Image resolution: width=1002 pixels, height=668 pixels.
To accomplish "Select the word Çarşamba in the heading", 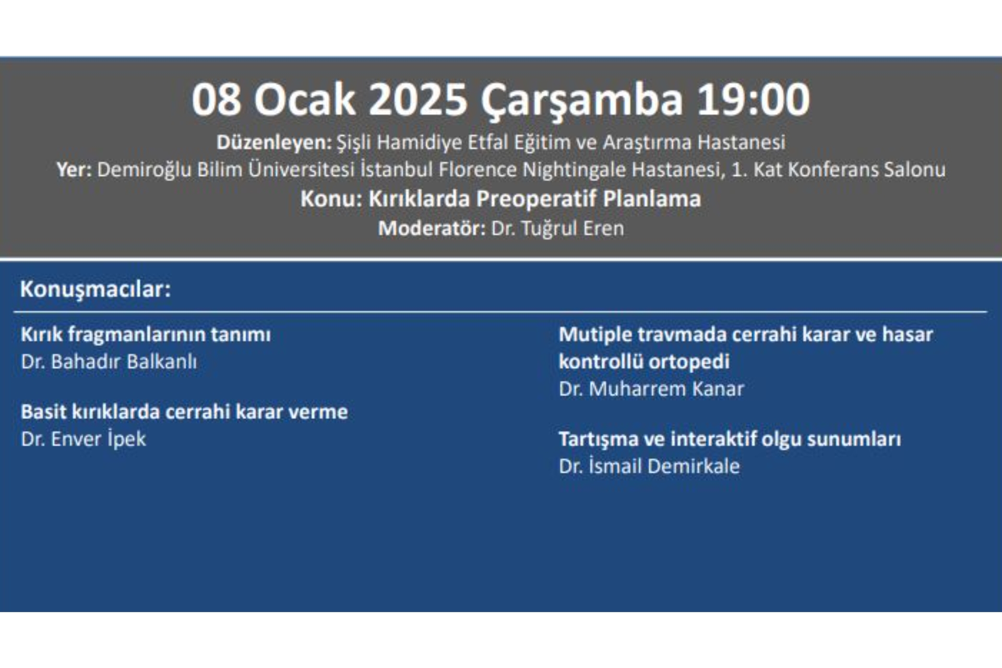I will tap(581, 100).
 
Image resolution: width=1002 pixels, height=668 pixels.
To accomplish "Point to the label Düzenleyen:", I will tap(274, 142).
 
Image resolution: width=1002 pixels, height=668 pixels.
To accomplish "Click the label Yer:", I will tap(74, 170).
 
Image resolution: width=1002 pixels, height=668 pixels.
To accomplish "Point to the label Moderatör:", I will tap(432, 229).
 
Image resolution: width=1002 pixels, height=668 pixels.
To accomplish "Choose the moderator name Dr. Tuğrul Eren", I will tap(557, 229).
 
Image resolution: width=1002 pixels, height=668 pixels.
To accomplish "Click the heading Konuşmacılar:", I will tap(96, 289).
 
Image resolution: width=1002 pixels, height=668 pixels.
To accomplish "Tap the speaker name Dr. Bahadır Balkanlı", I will tap(109, 362).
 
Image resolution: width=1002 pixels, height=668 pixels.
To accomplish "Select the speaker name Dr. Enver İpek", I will tap(83, 439).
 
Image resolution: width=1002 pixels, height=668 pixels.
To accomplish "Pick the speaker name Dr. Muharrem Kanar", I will tap(651, 389).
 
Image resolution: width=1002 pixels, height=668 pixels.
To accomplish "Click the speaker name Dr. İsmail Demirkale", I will tap(649, 466).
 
